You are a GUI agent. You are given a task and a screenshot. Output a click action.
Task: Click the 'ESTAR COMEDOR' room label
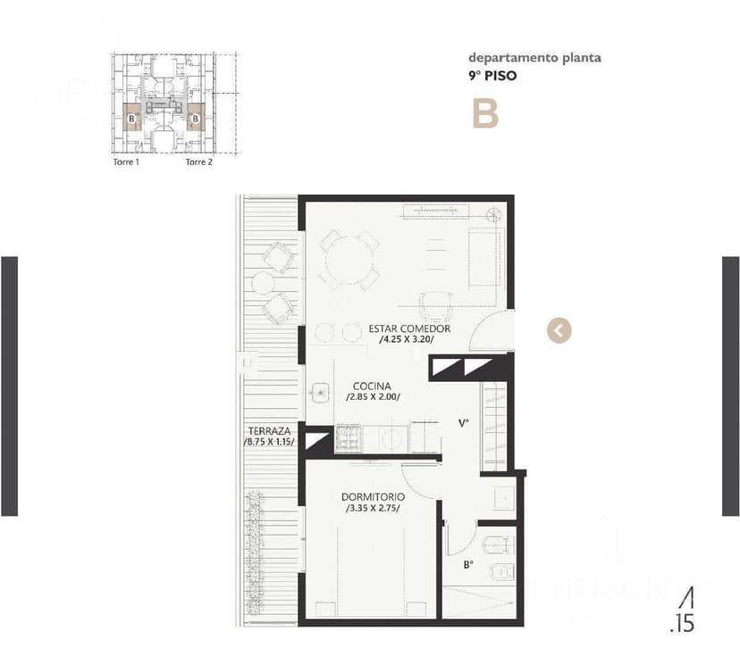coord(409,328)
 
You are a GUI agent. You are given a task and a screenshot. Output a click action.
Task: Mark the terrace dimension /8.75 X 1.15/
coord(269,442)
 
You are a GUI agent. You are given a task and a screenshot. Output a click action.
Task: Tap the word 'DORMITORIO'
coord(373,496)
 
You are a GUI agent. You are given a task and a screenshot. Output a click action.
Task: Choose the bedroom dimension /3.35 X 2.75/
coord(373,508)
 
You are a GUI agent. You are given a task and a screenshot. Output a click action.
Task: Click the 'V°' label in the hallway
coord(464,423)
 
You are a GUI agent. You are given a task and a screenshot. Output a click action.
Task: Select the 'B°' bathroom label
coord(467,564)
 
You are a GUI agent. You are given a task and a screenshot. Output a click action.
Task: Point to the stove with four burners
coord(349,437)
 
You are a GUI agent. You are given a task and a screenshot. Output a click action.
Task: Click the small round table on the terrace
coord(263,284)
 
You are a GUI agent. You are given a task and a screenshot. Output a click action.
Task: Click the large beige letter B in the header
coord(485,113)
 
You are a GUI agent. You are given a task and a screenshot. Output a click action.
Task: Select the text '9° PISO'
coord(492,76)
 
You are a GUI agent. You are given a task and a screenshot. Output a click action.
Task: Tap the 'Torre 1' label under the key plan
coord(126,162)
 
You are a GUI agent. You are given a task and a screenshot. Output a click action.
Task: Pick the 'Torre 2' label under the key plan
coord(198,162)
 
